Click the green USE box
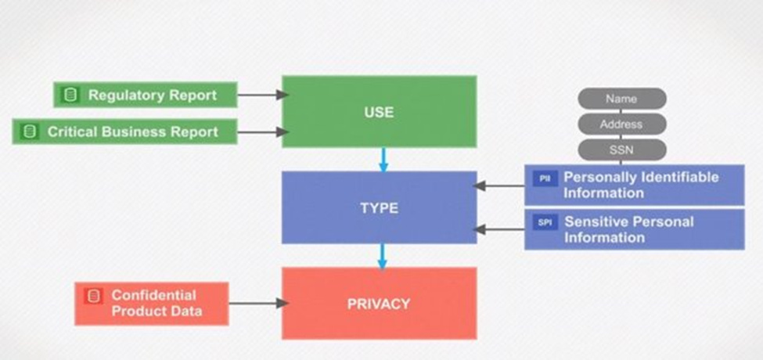point(379,111)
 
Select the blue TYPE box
point(379,207)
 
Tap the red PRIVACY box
point(379,303)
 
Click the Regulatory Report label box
point(146,95)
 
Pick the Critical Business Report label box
point(125,131)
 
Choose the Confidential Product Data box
point(152,304)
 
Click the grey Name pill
point(622,99)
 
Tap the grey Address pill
point(622,124)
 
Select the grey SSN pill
point(622,149)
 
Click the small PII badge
point(545,178)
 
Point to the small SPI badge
point(545,223)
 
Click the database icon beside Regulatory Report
point(71,95)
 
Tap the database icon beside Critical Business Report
point(30,131)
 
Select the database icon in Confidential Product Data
point(93,296)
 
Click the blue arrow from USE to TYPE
point(383,160)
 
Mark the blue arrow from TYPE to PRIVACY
point(383,256)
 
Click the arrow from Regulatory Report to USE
point(263,95)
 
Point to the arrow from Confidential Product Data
point(259,304)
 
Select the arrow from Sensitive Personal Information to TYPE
point(499,229)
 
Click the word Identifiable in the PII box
point(680,177)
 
